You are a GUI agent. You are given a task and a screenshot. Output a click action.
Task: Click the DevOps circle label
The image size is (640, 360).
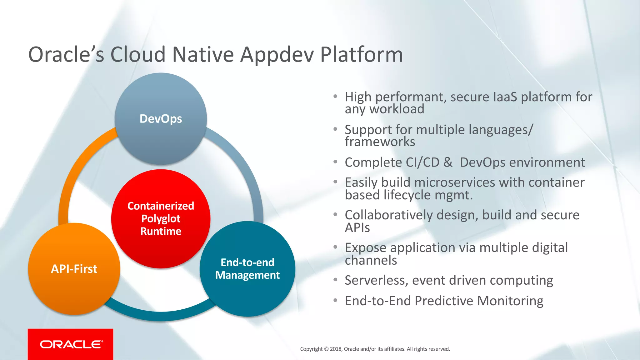tap(161, 119)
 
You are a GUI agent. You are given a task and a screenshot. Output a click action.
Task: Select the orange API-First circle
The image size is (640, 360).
tap(74, 269)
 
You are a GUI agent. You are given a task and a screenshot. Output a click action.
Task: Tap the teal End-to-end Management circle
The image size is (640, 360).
tap(247, 269)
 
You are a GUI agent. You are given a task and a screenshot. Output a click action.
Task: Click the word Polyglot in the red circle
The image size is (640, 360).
tap(161, 219)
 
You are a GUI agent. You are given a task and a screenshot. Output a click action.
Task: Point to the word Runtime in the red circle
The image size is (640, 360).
tap(161, 231)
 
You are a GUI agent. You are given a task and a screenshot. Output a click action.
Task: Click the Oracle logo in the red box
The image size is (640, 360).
tap(71, 344)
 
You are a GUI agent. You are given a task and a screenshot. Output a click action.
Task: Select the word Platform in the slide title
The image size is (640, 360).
tap(362, 55)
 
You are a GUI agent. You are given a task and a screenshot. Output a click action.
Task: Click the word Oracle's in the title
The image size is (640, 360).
tap(66, 55)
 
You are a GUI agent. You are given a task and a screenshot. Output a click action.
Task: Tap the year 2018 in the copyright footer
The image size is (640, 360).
tap(336, 349)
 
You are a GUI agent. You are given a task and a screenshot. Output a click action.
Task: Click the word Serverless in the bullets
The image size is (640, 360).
tap(376, 280)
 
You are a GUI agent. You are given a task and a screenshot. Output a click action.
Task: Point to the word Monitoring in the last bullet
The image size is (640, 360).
tap(510, 301)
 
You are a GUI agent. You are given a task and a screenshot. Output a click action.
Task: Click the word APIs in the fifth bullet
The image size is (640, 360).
tap(357, 228)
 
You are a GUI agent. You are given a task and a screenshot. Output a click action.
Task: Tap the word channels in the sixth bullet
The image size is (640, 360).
tap(371, 260)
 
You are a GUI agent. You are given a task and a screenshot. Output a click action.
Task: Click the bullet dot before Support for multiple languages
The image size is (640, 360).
tap(335, 129)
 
